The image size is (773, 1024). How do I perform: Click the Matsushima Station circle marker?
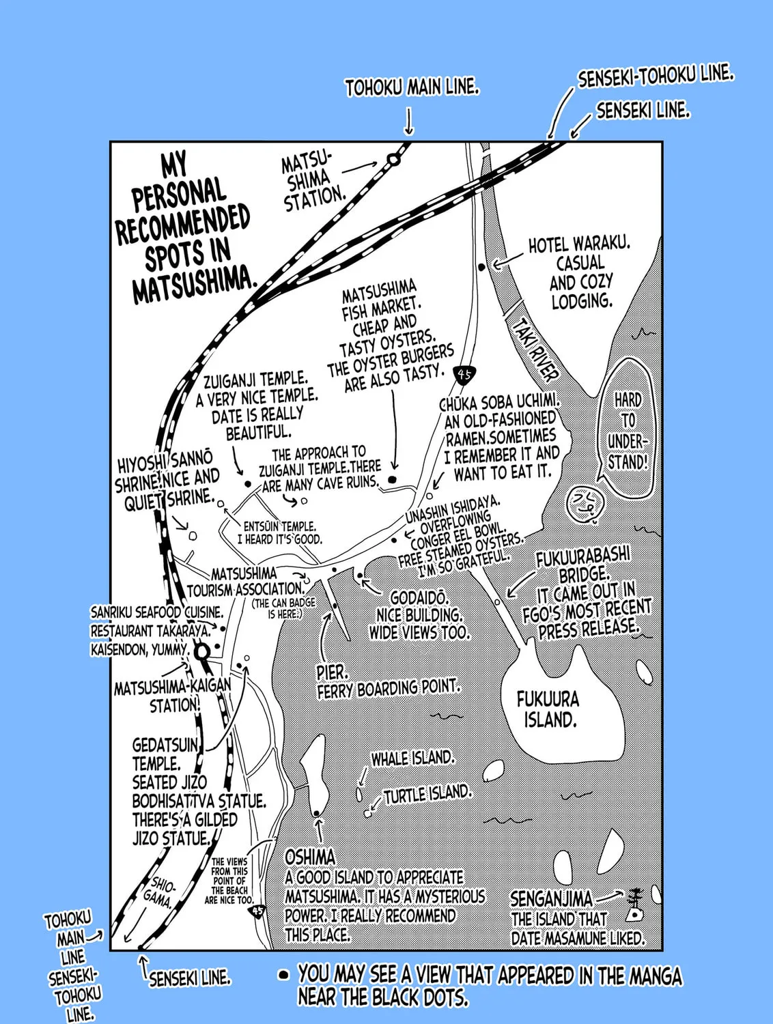(393, 160)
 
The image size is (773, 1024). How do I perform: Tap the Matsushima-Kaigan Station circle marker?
(201, 652)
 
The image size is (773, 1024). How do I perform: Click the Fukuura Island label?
(548, 709)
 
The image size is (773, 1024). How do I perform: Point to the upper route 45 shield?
(464, 373)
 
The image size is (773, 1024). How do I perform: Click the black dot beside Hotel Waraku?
(482, 267)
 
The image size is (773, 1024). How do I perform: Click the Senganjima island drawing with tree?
(634, 905)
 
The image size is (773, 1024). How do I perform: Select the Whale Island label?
(412, 758)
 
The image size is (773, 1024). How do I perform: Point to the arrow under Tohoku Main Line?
(408, 122)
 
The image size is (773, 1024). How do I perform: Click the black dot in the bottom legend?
(283, 975)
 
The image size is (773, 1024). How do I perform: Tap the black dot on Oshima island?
(317, 813)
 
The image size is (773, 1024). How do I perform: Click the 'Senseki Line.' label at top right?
(643, 111)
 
